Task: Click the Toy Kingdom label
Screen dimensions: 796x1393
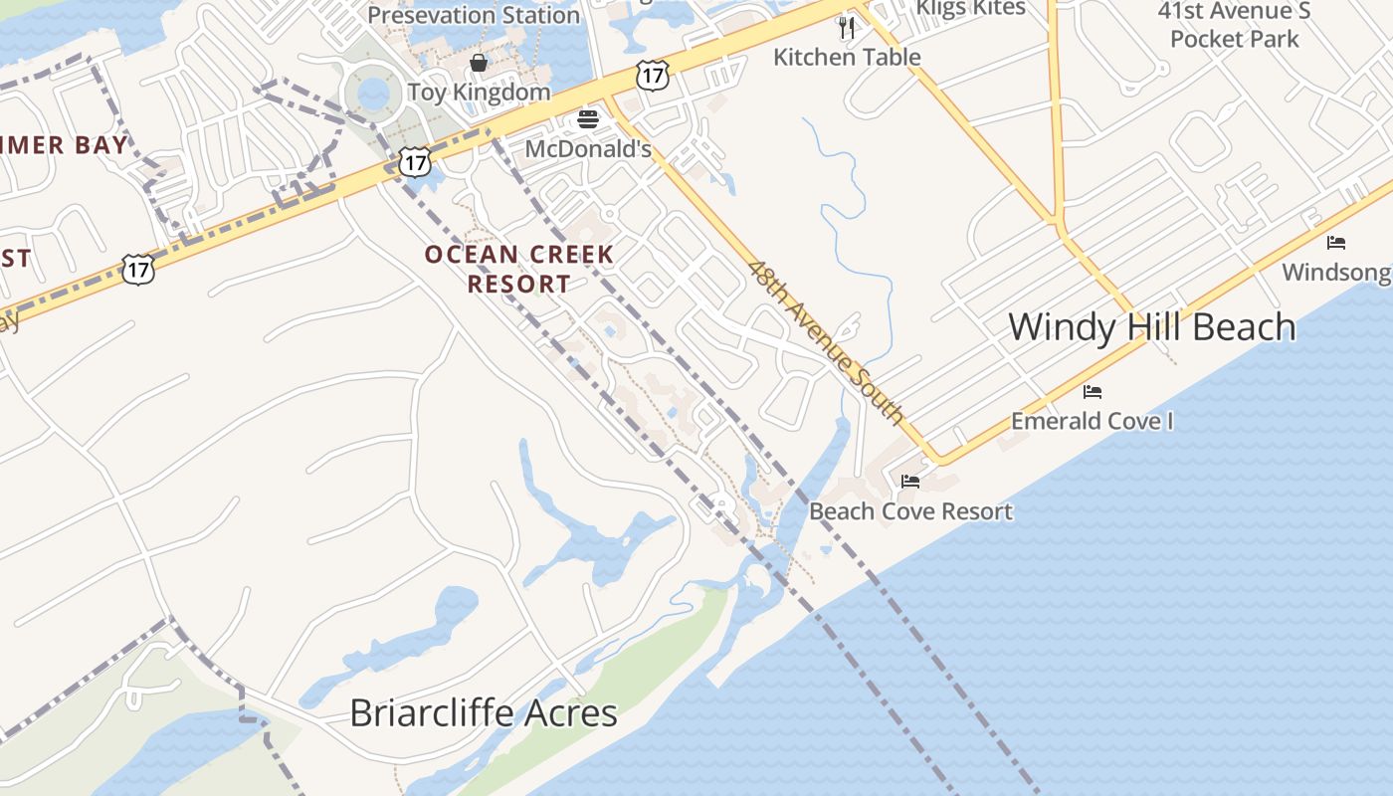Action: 479,93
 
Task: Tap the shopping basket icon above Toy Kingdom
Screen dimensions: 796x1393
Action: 479,64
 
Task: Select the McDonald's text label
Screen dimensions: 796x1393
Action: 587,149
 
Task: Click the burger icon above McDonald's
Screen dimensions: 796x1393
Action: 588,120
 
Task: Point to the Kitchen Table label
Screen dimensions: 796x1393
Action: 847,58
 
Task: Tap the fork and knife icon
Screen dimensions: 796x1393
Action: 847,28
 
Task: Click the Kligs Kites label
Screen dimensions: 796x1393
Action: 970,9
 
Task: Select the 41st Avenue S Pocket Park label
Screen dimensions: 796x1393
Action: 1234,26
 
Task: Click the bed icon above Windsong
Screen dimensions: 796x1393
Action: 1336,243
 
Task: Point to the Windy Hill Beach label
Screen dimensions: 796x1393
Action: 1152,327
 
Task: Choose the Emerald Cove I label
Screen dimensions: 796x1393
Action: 1092,421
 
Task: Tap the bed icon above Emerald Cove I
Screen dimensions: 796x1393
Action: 1093,392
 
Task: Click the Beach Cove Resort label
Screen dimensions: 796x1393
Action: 910,511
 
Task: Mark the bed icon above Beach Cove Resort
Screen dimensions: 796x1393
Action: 910,483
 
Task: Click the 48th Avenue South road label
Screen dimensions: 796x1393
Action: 826,342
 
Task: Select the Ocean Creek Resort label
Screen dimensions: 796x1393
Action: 519,269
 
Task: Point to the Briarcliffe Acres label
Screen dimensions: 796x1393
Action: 484,713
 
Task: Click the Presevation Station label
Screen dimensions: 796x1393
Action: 474,16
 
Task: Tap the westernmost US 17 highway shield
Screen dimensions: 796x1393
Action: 138,268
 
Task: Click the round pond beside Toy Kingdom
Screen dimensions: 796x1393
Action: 373,95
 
